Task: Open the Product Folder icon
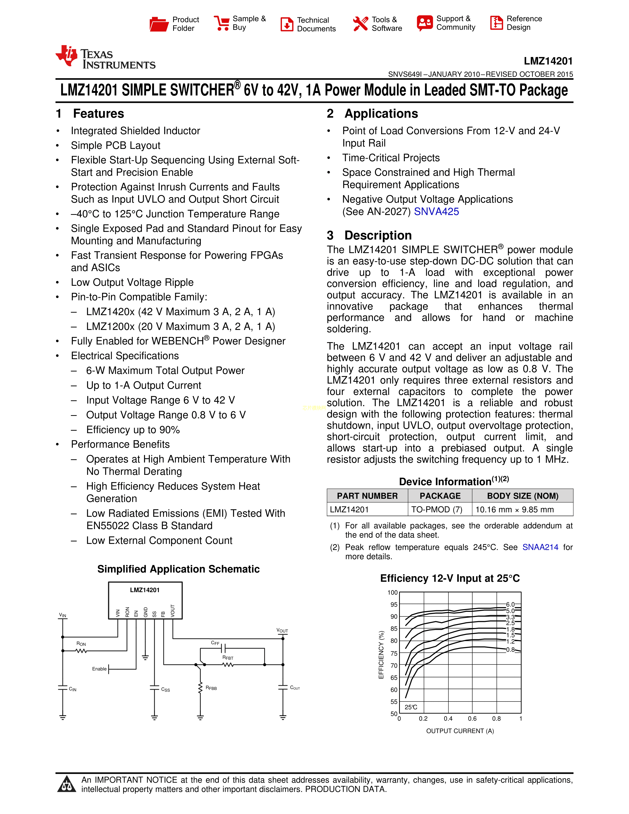pos(159,24)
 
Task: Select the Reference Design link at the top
pos(516,23)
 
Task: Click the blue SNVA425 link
pos(436,212)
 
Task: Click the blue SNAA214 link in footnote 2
pos(540,547)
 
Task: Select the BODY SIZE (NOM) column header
pos(522,496)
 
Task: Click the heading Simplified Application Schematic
pos(179,569)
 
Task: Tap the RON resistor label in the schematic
pos(81,644)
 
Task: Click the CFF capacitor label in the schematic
pos(215,643)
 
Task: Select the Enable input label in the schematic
pos(99,669)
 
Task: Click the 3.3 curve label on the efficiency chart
pos(510,617)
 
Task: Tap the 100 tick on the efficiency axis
pos(392,592)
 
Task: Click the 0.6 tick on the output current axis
pos(472,719)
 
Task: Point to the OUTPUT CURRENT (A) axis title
pos(460,731)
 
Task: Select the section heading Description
pos(378,236)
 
